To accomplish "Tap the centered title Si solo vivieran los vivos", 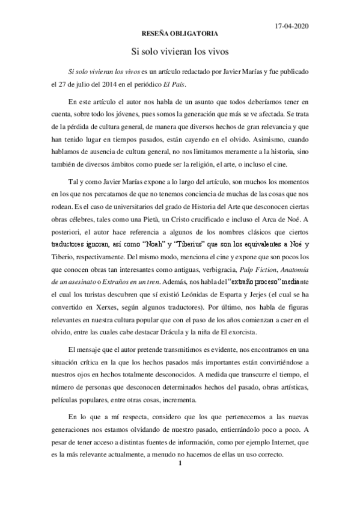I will click(180, 52).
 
